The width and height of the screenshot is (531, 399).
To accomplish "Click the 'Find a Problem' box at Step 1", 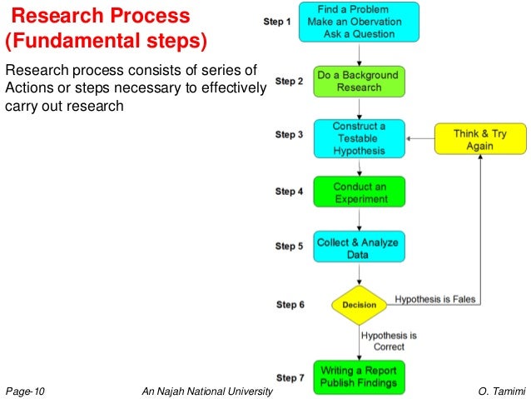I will coord(358,22).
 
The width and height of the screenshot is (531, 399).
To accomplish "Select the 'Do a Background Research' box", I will coord(358,81).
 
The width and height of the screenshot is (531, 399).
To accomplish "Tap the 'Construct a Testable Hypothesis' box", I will coord(358,139).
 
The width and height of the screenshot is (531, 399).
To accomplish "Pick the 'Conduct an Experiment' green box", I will coord(358,192).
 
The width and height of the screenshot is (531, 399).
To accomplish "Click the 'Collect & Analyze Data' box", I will coord(358,248).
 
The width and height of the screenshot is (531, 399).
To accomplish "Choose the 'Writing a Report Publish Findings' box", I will coord(358,377).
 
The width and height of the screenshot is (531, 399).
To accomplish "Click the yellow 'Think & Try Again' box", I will coord(481,139).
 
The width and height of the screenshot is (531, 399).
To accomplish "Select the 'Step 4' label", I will coord(289,192).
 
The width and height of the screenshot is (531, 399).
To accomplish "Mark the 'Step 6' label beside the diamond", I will coord(290,305).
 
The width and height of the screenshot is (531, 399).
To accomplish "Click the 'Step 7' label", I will coord(289,377).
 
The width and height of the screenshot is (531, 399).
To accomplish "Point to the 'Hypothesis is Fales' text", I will coord(435,297).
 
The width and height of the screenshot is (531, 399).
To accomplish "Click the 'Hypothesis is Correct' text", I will coord(389,341).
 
